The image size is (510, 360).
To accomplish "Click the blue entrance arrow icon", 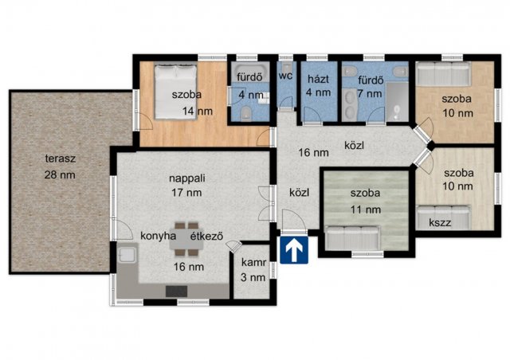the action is tap(294, 250).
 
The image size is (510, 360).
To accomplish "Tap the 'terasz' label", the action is tap(61, 158).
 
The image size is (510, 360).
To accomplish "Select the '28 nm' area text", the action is tap(60, 175).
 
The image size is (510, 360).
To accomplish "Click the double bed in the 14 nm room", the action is tap(175, 92).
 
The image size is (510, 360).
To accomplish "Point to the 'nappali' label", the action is tap(187, 178).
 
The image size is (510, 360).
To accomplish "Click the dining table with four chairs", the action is tap(186, 239).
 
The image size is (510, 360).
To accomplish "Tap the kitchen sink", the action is tap(127, 254).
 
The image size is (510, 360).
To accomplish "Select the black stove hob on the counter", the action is tap(177, 292).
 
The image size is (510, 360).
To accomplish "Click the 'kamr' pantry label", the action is tap(253, 263).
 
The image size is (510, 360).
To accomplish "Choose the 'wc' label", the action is tap(285, 76).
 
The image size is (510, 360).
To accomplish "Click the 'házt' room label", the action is tap(319, 79).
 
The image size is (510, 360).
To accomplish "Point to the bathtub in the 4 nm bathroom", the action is tap(250, 71).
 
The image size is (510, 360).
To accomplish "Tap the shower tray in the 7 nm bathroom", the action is tap(397, 102).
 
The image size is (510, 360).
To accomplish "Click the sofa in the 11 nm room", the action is tap(352, 237).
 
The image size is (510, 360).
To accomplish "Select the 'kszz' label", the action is tap(440, 223).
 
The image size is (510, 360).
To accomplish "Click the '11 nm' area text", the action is tap(366, 209).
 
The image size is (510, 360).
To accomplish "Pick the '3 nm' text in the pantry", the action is tap(253, 277).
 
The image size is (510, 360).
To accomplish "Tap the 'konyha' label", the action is tap(159, 236).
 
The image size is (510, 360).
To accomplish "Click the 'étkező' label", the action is tap(206, 236).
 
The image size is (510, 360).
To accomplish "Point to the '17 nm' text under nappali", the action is tap(186, 193).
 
